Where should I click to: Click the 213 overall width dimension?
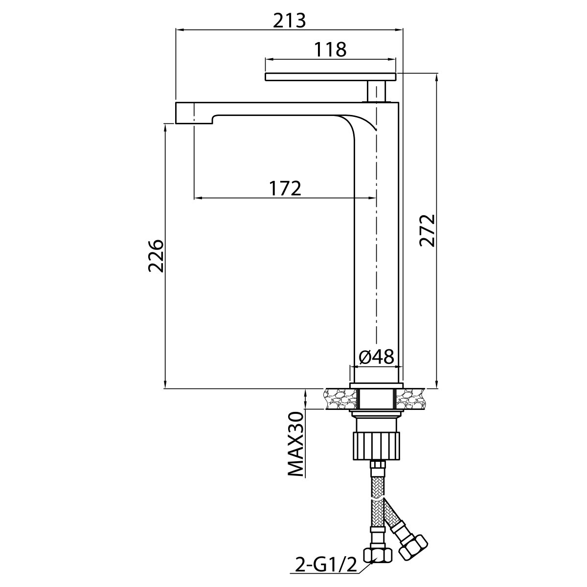pos(289,21)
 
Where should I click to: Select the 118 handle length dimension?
pos(331,50)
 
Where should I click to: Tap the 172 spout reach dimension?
pos(285,188)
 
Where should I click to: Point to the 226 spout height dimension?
pos(157,255)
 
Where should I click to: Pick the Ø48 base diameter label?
pos(377,357)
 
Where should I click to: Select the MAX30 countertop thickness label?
pos(295,448)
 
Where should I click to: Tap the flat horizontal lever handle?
pos(331,77)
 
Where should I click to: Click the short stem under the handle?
pos(377,91)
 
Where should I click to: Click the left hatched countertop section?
pos(340,399)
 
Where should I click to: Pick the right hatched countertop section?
pos(410,399)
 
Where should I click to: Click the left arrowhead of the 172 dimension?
pos(198,198)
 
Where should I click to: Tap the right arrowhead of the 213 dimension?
pos(399,29)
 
